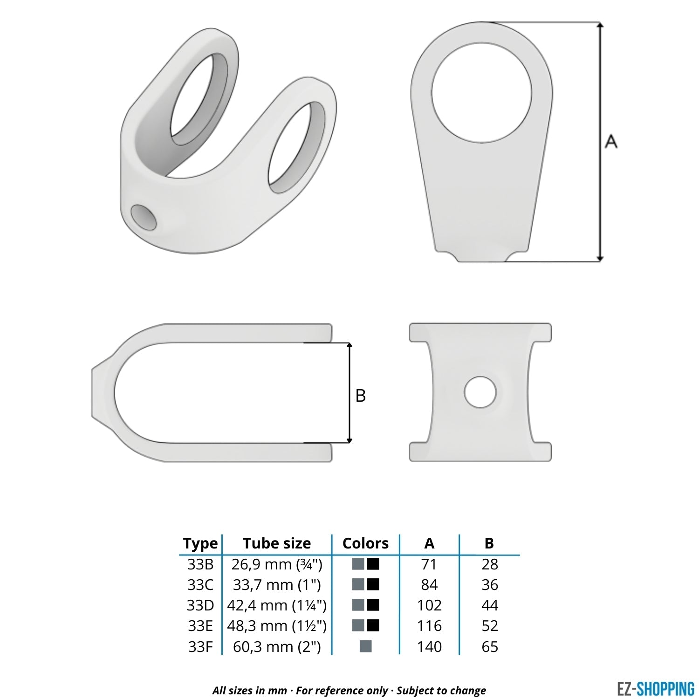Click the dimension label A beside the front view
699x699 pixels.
[610, 141]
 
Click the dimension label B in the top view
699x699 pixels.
[360, 396]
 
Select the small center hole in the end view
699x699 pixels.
[480, 392]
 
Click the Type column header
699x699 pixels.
[200, 543]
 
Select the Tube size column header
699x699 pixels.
[277, 543]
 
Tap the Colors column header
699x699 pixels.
[365, 543]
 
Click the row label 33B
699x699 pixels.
[200, 564]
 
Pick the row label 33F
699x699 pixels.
[200, 647]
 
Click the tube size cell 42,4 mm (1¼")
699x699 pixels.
[277, 605]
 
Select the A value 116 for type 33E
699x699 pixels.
[429, 626]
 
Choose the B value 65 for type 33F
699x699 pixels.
[490, 647]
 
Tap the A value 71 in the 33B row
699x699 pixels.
[429, 564]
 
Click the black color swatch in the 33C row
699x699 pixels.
[373, 584]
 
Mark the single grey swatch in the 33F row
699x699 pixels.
[366, 646]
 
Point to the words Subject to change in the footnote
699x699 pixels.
[441, 691]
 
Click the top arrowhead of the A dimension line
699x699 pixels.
[600, 25]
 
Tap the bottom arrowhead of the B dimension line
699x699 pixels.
[350, 439]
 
